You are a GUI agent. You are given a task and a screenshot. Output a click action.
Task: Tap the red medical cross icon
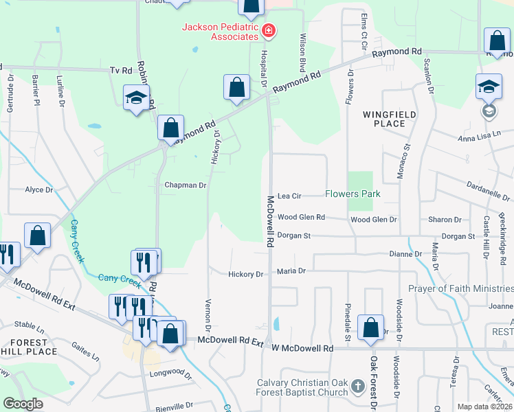[268, 30]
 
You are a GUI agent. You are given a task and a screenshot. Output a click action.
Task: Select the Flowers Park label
[353, 194]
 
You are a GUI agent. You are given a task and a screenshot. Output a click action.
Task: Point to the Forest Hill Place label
[27, 347]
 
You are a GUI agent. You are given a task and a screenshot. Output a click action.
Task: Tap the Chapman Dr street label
[186, 185]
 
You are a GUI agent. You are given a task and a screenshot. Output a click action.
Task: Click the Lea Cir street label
[289, 196]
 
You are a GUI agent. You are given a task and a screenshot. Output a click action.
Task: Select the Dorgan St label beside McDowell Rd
[294, 236]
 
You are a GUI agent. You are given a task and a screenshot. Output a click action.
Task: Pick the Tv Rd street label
[120, 71]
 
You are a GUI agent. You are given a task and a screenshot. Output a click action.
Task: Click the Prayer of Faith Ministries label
[460, 288]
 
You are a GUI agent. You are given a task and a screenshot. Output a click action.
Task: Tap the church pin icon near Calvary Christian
[357, 387]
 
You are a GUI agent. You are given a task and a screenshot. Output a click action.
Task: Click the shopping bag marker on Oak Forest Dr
[371, 329]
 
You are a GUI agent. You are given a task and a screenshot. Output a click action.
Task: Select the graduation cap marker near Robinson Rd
[136, 97]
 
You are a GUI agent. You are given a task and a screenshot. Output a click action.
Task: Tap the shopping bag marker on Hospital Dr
[236, 88]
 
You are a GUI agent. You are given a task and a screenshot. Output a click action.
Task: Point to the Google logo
[23, 404]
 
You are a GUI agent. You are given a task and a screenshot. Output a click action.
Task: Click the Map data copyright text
[484, 407]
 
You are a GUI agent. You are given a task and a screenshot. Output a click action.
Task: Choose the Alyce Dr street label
[38, 190]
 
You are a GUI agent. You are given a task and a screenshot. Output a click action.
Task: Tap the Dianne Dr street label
[405, 254]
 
